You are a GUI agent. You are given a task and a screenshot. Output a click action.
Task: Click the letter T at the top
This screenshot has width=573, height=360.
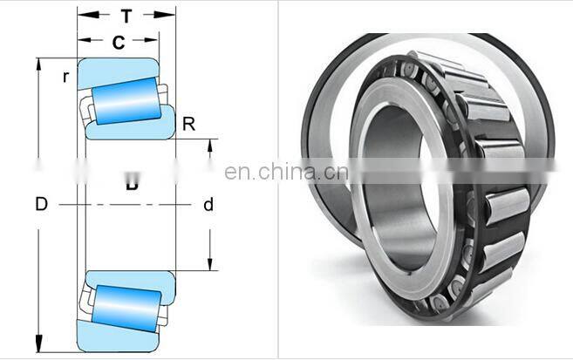[x=126, y=15]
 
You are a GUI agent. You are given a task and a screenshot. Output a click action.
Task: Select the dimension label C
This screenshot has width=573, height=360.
[x=118, y=41]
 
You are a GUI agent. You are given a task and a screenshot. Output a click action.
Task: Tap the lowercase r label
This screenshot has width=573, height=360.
[x=65, y=77]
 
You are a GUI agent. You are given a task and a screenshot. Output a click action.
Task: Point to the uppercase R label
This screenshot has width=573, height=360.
[x=188, y=125]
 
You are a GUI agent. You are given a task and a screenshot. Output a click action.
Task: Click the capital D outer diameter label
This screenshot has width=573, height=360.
[x=41, y=205]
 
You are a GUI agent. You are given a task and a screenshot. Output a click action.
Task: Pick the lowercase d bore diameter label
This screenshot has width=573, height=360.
[x=208, y=206]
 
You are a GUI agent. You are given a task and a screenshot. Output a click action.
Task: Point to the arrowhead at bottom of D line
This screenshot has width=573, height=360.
[x=38, y=346]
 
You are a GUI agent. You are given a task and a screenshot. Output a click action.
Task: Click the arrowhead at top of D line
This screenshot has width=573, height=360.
[x=38, y=63]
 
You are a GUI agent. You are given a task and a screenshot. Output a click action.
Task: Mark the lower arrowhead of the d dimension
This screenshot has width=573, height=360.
[x=209, y=265]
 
